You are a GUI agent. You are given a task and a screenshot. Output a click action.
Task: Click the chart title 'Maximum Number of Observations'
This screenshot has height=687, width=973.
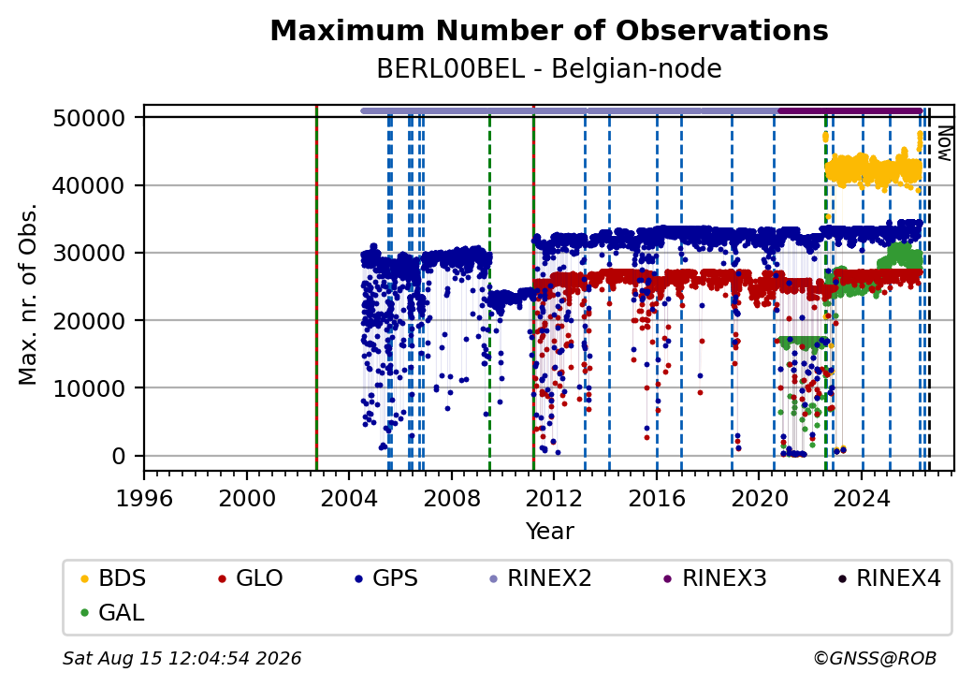click(x=549, y=30)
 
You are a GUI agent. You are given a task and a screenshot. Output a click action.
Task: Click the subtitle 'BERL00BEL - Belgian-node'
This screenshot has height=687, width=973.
click(x=549, y=69)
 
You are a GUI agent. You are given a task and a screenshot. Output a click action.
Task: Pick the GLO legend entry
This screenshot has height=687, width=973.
click(x=251, y=578)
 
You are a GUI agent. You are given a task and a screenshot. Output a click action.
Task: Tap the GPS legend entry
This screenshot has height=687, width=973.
click(x=386, y=578)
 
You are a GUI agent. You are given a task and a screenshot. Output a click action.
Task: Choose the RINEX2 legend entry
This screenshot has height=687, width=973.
click(x=541, y=578)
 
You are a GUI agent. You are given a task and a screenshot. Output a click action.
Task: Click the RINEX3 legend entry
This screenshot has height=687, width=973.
click(x=716, y=578)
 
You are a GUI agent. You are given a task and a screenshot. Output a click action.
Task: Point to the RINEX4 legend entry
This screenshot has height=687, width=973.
click(x=889, y=578)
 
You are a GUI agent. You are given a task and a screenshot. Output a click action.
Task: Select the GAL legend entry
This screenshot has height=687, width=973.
click(x=112, y=612)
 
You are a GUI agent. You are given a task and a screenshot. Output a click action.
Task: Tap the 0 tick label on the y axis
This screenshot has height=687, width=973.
click(x=119, y=456)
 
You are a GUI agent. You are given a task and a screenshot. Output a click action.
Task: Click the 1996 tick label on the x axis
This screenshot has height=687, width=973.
click(x=145, y=498)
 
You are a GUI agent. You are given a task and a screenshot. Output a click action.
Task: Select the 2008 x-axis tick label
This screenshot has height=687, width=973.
click(x=452, y=498)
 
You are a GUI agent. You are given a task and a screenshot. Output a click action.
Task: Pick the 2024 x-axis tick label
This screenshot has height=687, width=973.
click(x=862, y=498)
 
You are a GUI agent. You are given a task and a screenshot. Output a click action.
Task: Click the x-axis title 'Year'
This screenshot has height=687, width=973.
click(x=550, y=532)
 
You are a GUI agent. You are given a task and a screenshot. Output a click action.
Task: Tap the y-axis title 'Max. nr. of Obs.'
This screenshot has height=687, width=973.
click(x=28, y=294)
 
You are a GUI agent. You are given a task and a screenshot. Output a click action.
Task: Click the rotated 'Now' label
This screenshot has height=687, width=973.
click(x=944, y=143)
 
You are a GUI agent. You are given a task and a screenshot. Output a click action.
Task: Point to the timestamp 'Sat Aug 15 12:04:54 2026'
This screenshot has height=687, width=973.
click(x=182, y=658)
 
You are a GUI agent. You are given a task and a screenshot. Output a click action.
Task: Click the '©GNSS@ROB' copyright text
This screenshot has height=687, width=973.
click(x=875, y=658)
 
